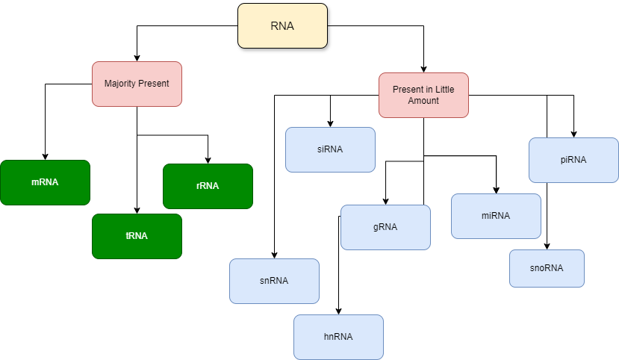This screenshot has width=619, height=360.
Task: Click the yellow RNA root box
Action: point(282,26)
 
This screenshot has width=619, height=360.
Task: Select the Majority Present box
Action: point(137,84)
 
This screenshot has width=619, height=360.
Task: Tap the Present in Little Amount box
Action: point(423,95)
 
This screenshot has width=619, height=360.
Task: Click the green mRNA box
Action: point(45,182)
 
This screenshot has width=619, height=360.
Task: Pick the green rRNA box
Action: point(208,186)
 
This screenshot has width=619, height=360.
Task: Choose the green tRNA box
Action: point(137,236)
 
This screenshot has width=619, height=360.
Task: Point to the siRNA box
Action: point(330,149)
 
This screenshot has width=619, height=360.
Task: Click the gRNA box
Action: point(385,227)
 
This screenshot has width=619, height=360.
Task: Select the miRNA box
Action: point(496,216)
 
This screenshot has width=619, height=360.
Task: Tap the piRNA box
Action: point(573,160)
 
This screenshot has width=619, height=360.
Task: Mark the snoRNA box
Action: point(547,268)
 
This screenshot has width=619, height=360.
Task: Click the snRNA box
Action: point(274,281)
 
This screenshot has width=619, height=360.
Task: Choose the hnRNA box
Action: point(338,337)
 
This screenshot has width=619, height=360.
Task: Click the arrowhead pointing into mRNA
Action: point(45,156)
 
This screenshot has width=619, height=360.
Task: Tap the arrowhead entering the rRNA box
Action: point(208,160)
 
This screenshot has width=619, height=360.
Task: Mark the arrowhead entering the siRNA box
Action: point(330,123)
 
